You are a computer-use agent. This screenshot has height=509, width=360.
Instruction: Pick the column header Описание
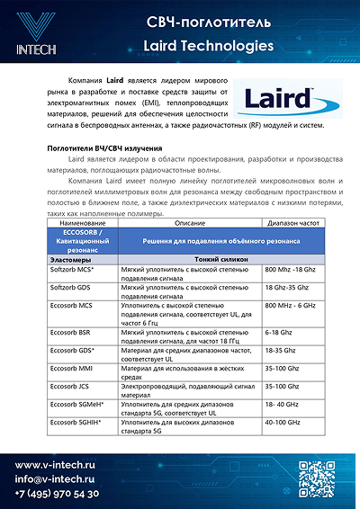coord(189,221)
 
